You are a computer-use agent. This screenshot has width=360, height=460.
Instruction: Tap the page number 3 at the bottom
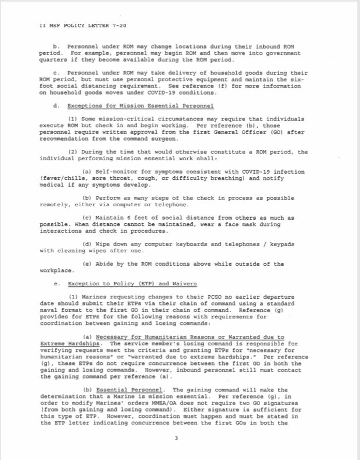(x=176, y=439)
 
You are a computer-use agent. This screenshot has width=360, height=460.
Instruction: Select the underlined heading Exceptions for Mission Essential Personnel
(x=141, y=106)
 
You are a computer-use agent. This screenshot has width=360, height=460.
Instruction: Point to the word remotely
(x=55, y=205)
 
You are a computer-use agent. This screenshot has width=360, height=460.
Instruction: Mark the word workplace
(x=56, y=270)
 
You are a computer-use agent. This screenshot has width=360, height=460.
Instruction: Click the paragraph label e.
(x=55, y=284)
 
